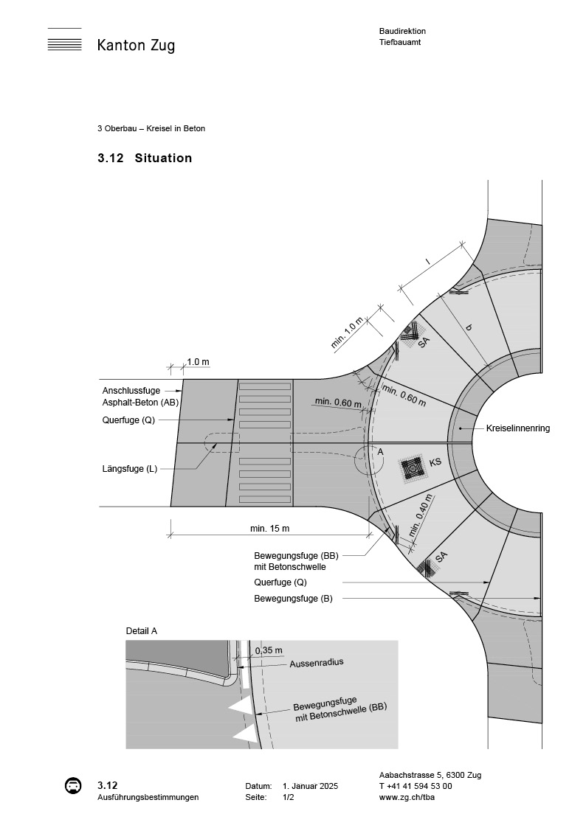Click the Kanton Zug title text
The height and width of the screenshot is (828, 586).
click(x=136, y=46)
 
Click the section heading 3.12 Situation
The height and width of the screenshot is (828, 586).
click(x=145, y=158)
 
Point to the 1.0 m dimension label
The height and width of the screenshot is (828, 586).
click(x=198, y=362)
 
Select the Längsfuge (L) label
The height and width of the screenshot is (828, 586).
click(x=130, y=468)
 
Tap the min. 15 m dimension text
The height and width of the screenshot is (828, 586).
click(x=269, y=529)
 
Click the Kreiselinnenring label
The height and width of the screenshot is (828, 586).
click(x=517, y=428)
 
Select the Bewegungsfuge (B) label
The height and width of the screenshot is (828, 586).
click(x=293, y=599)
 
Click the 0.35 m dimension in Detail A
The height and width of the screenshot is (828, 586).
click(x=268, y=650)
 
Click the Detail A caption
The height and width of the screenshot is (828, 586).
click(x=142, y=631)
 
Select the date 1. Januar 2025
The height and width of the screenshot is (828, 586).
click(x=310, y=787)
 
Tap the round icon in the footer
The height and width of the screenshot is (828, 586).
click(x=72, y=786)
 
